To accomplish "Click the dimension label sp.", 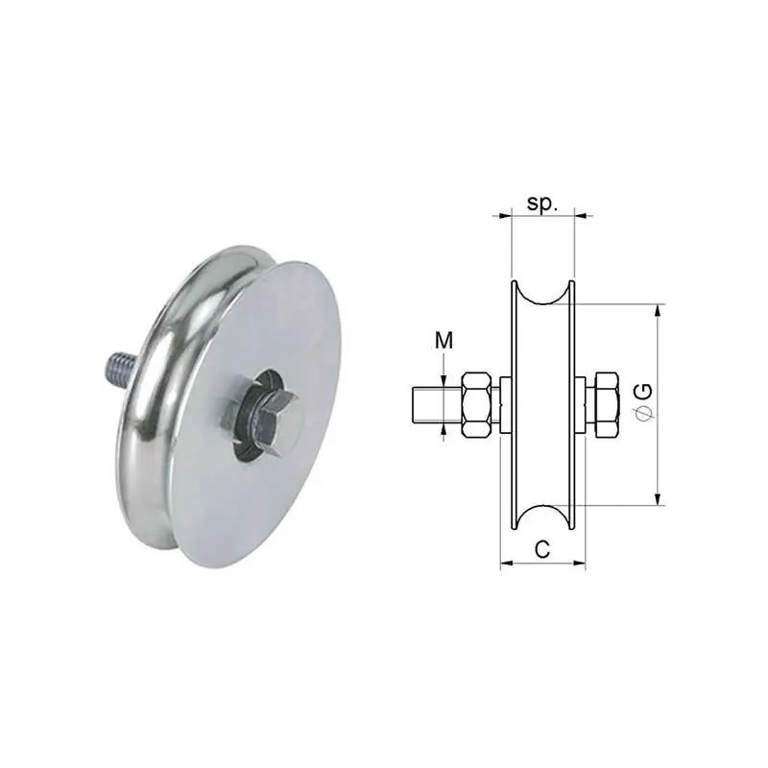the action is (542, 204).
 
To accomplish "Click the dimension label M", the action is (444, 341).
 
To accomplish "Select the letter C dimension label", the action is (542, 549).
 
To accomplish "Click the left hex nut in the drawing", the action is (476, 405).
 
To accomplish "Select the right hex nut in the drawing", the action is (607, 405).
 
